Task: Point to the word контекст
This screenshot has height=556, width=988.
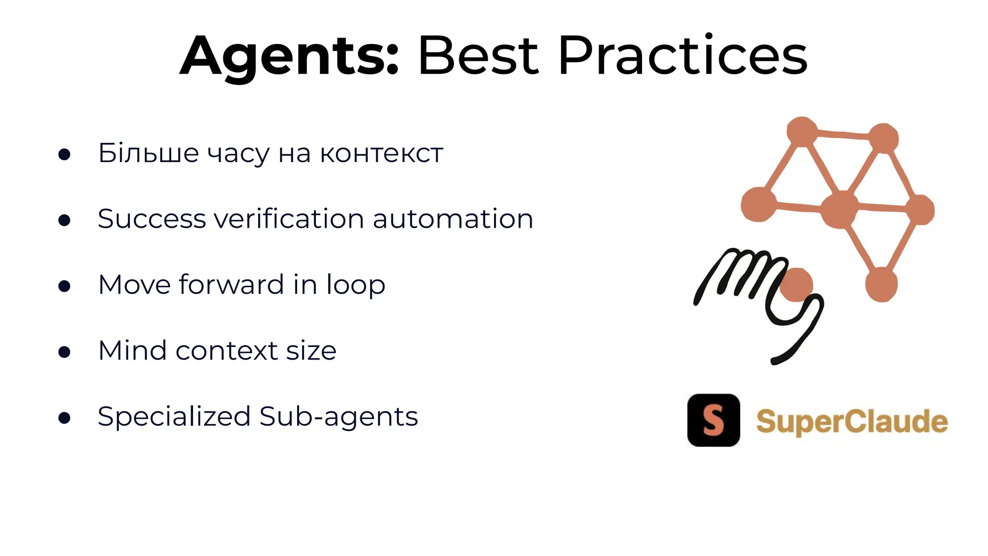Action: [x=381, y=154]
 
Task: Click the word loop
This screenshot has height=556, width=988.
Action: [x=356, y=285]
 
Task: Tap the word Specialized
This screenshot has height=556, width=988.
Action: [x=174, y=417]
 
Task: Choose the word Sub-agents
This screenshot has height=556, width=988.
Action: [x=339, y=417]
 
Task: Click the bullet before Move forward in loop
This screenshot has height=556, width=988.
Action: [x=64, y=286]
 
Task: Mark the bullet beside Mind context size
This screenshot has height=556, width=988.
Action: [x=64, y=351]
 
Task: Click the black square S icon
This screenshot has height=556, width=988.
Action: [x=714, y=420]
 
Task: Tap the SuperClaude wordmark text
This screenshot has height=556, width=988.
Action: [x=851, y=421]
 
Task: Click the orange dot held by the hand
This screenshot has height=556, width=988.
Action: [x=796, y=285]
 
